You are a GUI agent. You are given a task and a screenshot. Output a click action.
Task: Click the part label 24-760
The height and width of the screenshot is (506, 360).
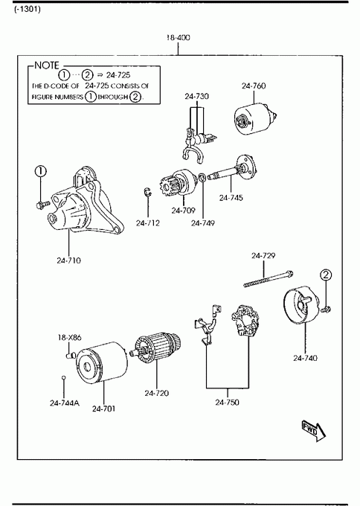tap(254, 86)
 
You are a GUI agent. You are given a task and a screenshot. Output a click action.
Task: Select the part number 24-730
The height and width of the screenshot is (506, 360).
tap(196, 96)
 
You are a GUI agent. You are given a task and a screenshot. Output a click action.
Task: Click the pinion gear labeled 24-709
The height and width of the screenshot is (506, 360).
tap(177, 184)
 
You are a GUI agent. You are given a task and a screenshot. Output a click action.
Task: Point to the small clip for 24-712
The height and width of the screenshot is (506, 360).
tap(147, 192)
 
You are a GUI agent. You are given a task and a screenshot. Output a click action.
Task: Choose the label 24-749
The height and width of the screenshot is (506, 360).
tap(202, 223)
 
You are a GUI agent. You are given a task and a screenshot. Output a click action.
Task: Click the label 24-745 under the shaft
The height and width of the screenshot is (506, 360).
tap(231, 197)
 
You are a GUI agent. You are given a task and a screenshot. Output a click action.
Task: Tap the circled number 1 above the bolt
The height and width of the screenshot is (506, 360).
tap(41, 172)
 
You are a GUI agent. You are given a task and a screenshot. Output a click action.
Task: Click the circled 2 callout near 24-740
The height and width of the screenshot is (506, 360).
tap(326, 275)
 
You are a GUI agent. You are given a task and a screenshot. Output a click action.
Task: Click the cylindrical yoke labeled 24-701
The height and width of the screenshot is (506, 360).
tap(101, 362)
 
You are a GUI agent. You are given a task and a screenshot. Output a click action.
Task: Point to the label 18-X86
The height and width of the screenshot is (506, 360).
tap(70, 338)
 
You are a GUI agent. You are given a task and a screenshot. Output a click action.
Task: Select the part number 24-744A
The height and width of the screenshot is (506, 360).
tap(65, 403)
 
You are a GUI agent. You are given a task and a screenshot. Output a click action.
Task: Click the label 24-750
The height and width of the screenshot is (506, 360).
tap(228, 402)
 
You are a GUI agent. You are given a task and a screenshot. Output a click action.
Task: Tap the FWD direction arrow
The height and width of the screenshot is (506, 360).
tap(314, 431)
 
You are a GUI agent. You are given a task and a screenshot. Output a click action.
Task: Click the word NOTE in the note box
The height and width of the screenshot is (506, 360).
tap(47, 65)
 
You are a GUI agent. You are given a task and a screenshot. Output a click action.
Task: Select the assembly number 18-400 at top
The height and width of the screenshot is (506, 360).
tap(179, 37)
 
